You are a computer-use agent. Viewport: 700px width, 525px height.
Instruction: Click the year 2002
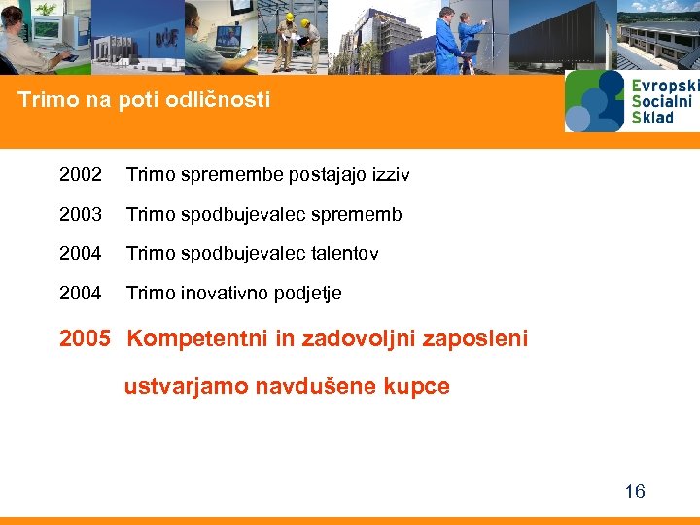point(80,175)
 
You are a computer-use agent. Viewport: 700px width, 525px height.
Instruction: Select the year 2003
point(80,214)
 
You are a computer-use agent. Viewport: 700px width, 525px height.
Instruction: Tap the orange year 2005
point(86,338)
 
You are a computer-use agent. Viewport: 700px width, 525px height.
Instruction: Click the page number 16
point(634,491)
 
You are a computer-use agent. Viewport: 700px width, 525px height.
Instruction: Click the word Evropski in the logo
point(665,86)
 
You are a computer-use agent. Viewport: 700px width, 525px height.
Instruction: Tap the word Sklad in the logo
point(652,118)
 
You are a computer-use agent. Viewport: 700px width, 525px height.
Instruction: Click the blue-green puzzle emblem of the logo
point(595,101)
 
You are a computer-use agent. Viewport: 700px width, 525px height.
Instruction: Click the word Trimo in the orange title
point(45,100)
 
